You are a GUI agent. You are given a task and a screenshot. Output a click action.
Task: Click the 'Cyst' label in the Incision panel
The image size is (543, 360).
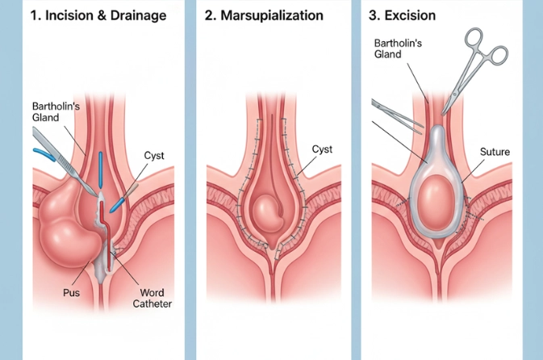pos(155,156)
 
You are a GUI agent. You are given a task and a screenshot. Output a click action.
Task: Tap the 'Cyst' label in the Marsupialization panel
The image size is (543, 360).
pos(322,149)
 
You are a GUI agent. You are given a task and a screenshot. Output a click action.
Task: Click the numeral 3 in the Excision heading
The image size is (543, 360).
pos(374,15)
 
